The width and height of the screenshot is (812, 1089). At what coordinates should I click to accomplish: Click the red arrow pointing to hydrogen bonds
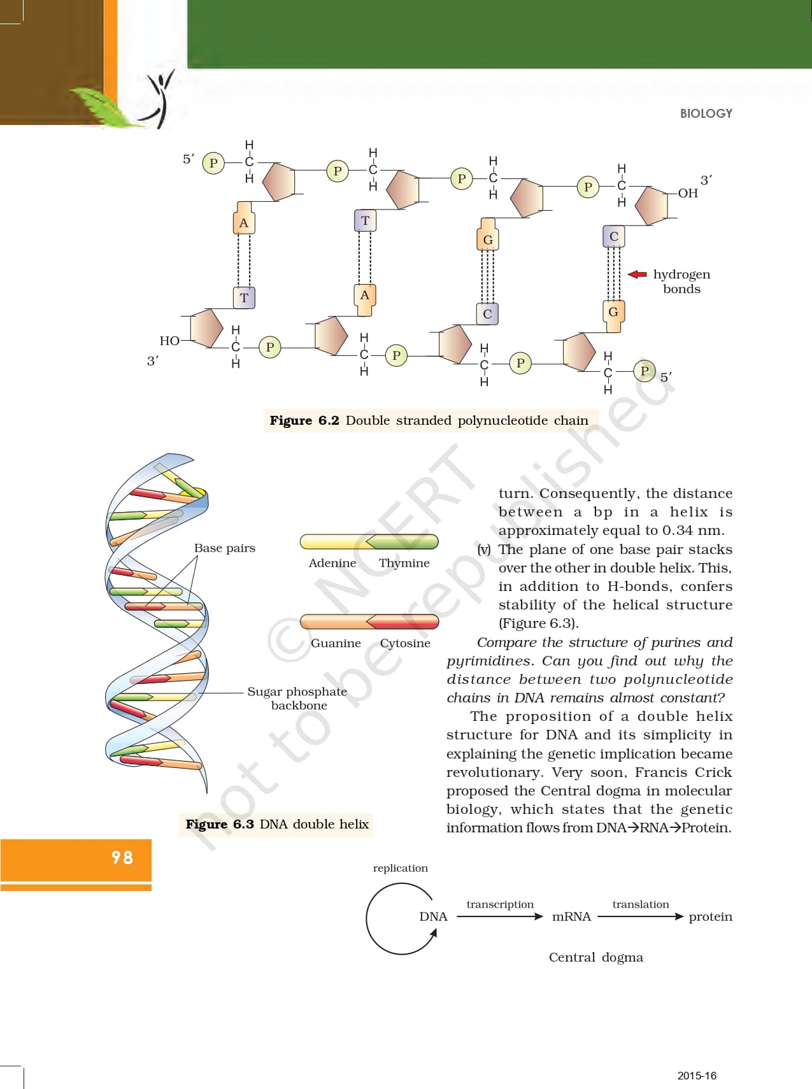[637, 274]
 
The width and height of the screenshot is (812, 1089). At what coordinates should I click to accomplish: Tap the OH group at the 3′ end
[688, 193]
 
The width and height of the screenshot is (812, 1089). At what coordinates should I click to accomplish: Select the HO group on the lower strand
[169, 341]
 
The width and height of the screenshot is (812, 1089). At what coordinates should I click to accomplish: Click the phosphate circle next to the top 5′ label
[213, 164]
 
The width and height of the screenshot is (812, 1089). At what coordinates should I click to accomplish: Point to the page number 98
[122, 857]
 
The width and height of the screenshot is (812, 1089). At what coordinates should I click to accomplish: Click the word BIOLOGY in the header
[706, 113]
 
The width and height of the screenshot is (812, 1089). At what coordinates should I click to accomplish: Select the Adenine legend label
[332, 563]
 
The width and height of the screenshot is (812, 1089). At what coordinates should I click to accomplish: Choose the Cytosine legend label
[405, 643]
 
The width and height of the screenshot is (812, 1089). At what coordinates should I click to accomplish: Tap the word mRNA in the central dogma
[571, 916]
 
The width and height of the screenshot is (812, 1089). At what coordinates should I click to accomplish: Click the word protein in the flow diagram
[710, 916]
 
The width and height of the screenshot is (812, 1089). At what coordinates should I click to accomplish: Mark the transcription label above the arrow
[500, 904]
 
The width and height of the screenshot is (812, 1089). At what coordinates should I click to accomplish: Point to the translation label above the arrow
[641, 904]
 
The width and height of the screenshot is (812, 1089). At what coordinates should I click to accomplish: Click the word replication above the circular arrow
[400, 868]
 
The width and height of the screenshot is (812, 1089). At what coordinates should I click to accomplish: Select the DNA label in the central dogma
[433, 916]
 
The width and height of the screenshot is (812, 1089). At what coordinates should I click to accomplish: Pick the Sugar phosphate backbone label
[297, 698]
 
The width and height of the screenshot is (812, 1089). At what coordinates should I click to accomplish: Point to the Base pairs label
[224, 548]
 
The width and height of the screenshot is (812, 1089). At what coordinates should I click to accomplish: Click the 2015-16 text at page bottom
[697, 1076]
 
